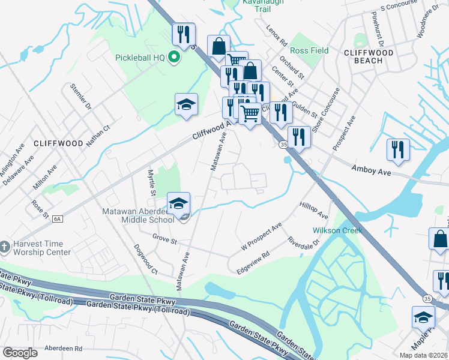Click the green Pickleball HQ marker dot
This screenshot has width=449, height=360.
coord(175,58)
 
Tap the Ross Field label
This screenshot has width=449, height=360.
coord(310,51)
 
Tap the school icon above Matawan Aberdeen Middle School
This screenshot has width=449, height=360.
coord(178,204)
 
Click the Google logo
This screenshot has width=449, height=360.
coord(20,353)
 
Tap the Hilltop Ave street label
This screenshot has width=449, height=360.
coord(313,210)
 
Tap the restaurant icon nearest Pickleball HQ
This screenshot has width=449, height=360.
coord(182,34)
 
